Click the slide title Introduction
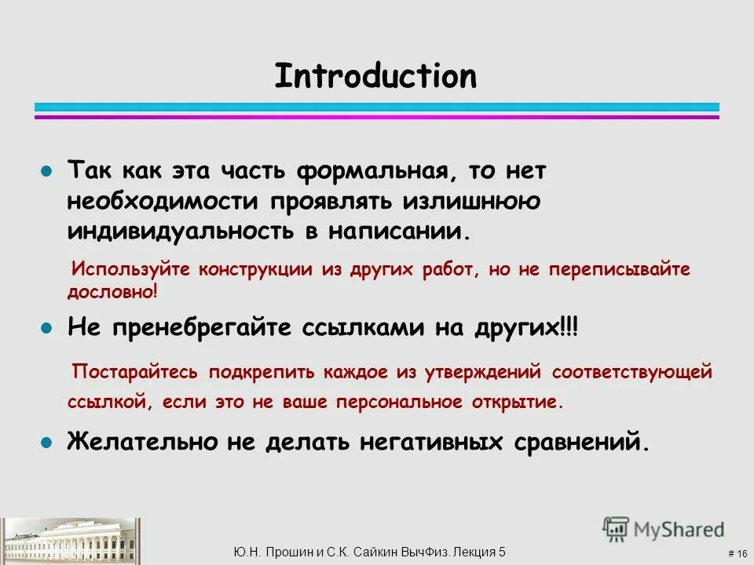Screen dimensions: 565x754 point(375,77)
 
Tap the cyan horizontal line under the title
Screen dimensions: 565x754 point(377,107)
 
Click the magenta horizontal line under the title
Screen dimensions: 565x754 point(377,117)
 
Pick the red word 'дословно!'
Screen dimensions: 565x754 point(112,291)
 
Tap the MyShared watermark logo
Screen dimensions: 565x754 point(664,529)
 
